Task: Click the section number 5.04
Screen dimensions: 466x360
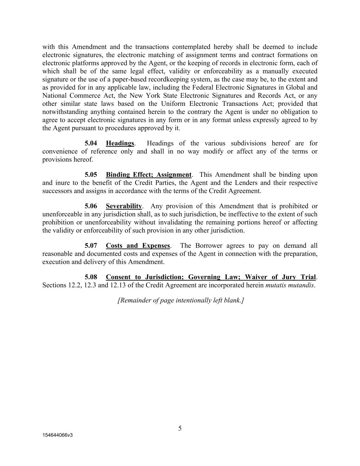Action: tap(91, 143)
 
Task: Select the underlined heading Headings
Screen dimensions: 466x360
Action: tap(120, 143)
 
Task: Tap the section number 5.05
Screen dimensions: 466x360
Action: tap(91, 175)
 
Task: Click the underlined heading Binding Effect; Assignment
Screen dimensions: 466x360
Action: tap(148, 175)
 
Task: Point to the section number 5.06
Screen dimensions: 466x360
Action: tap(91, 206)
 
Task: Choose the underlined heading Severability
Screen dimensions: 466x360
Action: tap(124, 206)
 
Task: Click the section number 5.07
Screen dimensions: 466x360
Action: tap(91, 246)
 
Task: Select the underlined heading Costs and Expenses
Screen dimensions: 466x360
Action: tap(138, 246)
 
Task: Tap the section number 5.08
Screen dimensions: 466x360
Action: tap(91, 277)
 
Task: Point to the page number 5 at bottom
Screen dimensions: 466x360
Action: tap(180, 428)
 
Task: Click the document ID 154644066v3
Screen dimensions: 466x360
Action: tap(58, 435)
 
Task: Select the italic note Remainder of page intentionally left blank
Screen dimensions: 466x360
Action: tap(181, 300)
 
